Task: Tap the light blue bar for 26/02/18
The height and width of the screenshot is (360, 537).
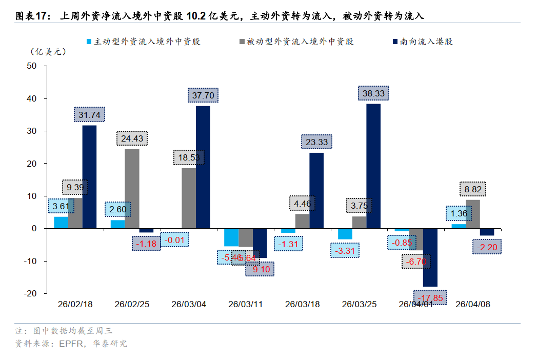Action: coord(61,223)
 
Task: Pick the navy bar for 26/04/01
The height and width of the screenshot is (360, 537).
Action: coord(430,257)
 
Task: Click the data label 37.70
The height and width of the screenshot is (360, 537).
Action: coord(203,95)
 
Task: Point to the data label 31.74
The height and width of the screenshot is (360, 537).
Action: coord(89,115)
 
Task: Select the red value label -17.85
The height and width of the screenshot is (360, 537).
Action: coord(430,298)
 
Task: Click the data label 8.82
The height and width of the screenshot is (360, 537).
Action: coord(472,189)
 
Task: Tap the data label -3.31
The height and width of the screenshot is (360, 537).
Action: coord(345,251)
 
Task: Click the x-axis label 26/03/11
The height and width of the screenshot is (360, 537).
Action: coord(245,304)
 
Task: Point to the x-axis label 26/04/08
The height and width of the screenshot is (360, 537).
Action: coord(473,304)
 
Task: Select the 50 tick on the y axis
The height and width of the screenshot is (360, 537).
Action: coord(32,66)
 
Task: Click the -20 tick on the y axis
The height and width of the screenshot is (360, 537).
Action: coord(30,293)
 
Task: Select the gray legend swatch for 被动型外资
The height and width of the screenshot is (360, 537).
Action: coord(242,42)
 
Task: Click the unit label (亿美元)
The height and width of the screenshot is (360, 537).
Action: coord(49,51)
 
